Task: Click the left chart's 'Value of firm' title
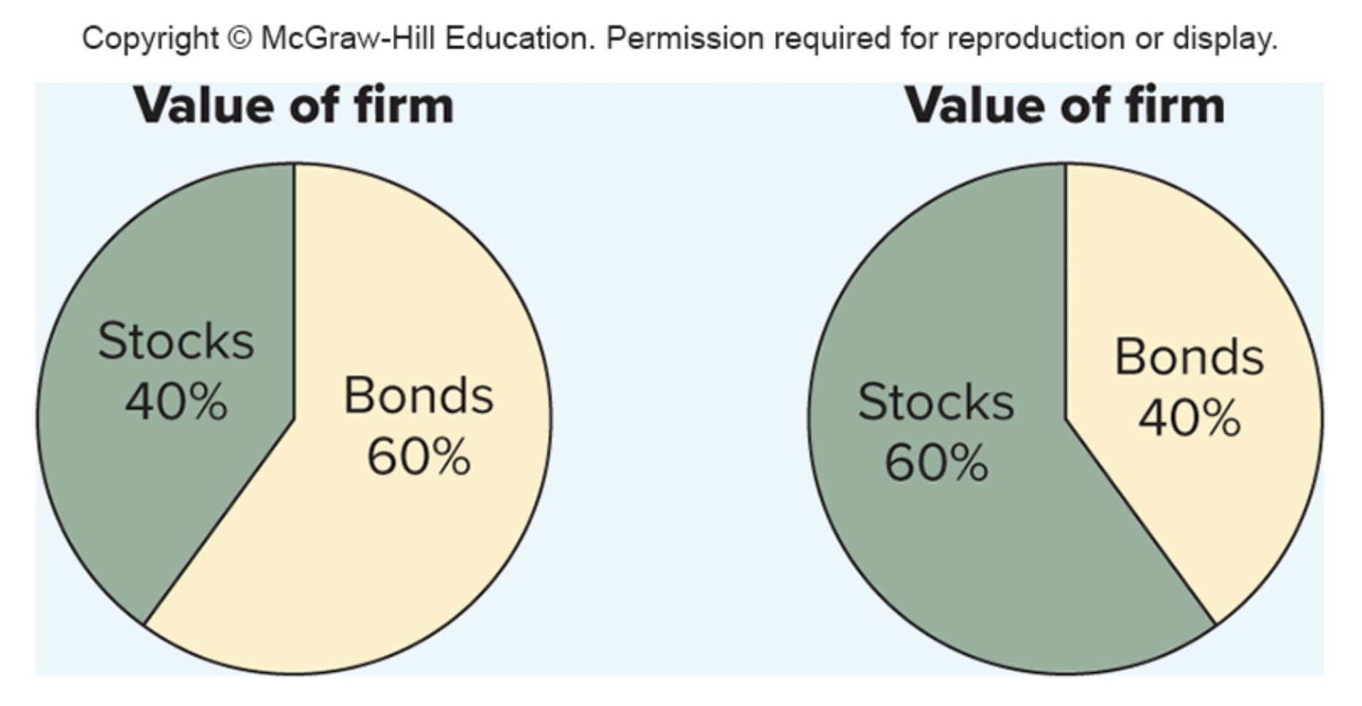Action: (294, 105)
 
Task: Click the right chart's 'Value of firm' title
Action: (1065, 105)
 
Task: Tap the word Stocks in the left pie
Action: (176, 341)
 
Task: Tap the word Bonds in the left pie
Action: (419, 396)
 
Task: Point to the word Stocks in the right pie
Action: (937, 402)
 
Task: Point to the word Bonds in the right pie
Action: (1189, 357)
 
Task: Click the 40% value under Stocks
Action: (176, 402)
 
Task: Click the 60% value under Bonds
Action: (419, 457)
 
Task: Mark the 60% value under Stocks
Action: (937, 462)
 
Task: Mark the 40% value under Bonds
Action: (1189, 418)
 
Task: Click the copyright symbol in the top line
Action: (239, 38)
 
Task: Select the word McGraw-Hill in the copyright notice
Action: (349, 38)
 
